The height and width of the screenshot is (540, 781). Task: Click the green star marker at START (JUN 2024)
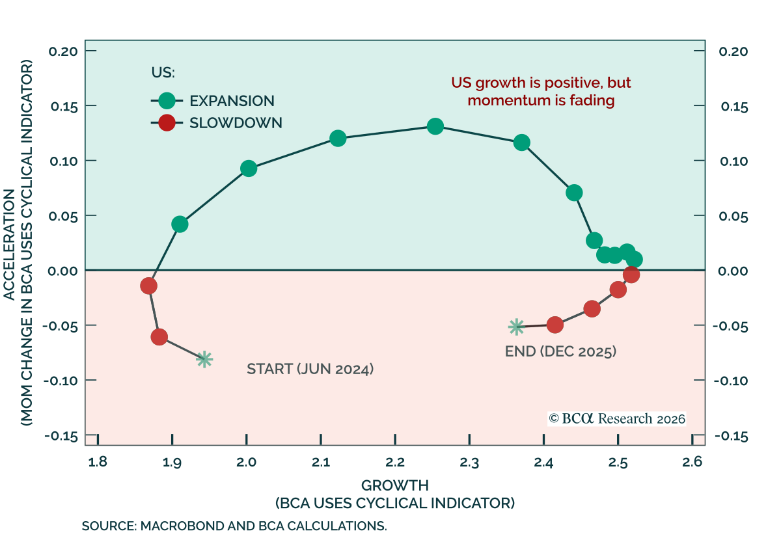(x=204, y=359)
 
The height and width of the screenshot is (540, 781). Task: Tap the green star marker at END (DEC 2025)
(x=516, y=327)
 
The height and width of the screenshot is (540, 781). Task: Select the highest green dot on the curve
(x=435, y=126)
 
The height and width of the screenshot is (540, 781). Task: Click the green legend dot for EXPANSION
(x=167, y=101)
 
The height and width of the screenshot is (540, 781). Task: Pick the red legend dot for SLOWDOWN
(x=167, y=122)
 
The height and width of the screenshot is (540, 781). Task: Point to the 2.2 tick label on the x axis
(x=394, y=463)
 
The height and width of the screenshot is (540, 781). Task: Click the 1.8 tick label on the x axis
(x=98, y=463)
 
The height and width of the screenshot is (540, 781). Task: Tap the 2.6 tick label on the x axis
(x=692, y=463)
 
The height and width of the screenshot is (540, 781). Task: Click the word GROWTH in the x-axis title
(x=395, y=485)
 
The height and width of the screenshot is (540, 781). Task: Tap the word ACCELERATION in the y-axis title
(x=10, y=245)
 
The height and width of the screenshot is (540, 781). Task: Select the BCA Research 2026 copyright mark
(x=617, y=418)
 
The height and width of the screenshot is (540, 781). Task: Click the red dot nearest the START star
(x=159, y=337)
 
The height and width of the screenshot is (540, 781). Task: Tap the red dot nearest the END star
(x=555, y=325)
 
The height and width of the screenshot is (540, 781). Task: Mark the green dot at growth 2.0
(x=249, y=169)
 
